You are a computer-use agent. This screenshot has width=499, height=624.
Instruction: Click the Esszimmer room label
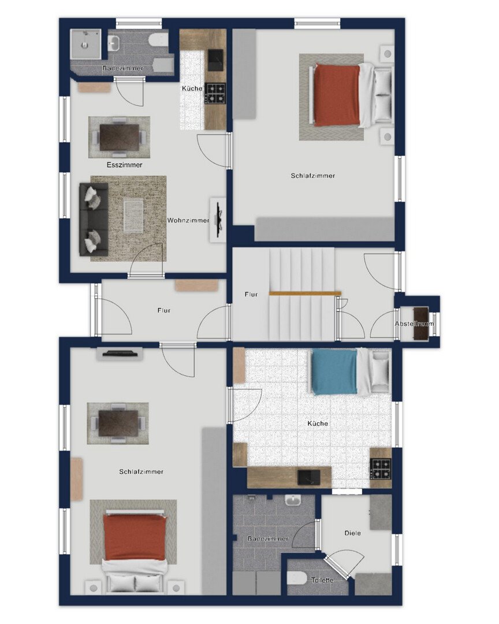(x=124, y=165)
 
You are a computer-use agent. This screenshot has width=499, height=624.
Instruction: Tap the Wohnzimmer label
(x=188, y=220)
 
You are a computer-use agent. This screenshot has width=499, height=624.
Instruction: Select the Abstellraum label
(x=414, y=324)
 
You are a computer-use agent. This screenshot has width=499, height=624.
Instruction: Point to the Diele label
(x=352, y=533)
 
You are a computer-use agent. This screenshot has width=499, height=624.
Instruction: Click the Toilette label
(x=322, y=580)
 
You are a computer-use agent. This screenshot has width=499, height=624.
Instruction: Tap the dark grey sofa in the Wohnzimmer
(x=94, y=220)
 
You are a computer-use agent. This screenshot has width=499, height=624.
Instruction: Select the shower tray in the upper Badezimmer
(x=85, y=44)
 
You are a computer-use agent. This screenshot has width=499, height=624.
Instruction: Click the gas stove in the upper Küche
(x=215, y=92)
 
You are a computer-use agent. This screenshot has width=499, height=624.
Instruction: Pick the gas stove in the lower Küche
(x=381, y=469)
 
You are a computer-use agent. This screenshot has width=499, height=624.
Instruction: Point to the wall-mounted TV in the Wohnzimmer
(x=218, y=220)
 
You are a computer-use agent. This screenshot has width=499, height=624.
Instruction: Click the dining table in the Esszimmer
(x=120, y=138)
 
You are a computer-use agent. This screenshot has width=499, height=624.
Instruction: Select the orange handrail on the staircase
(x=305, y=294)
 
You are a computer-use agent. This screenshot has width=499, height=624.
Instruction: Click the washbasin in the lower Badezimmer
(x=292, y=499)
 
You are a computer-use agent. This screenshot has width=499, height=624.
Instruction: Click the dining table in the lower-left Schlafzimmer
(x=118, y=423)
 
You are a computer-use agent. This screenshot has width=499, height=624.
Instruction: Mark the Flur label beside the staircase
(x=251, y=295)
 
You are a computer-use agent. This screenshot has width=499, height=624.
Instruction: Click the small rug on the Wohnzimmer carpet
(x=133, y=216)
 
